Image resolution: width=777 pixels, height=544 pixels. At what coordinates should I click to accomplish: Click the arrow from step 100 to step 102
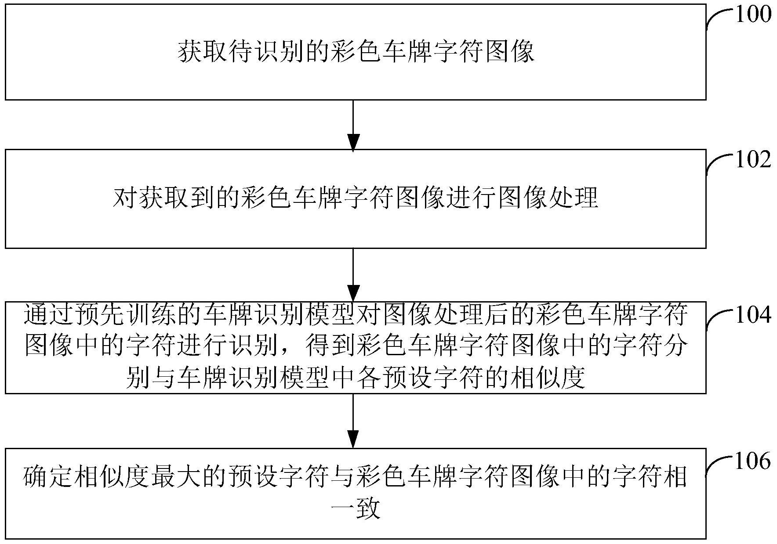click(353, 125)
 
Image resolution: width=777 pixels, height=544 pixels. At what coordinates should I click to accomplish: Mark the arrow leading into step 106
click(353, 421)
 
